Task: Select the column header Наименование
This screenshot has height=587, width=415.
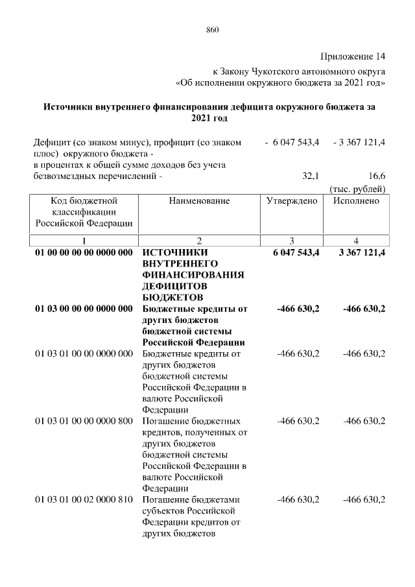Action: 199,201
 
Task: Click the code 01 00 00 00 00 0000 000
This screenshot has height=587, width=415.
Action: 83,252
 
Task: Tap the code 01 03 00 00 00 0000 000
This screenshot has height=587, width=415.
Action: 83,309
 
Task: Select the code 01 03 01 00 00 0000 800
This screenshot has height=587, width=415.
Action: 83,422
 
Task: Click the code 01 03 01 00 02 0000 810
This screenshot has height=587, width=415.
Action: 83,499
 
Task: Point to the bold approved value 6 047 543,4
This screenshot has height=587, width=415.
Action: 292,252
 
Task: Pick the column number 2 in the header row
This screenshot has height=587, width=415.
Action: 199,241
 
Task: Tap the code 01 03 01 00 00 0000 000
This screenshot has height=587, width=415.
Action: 83,353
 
